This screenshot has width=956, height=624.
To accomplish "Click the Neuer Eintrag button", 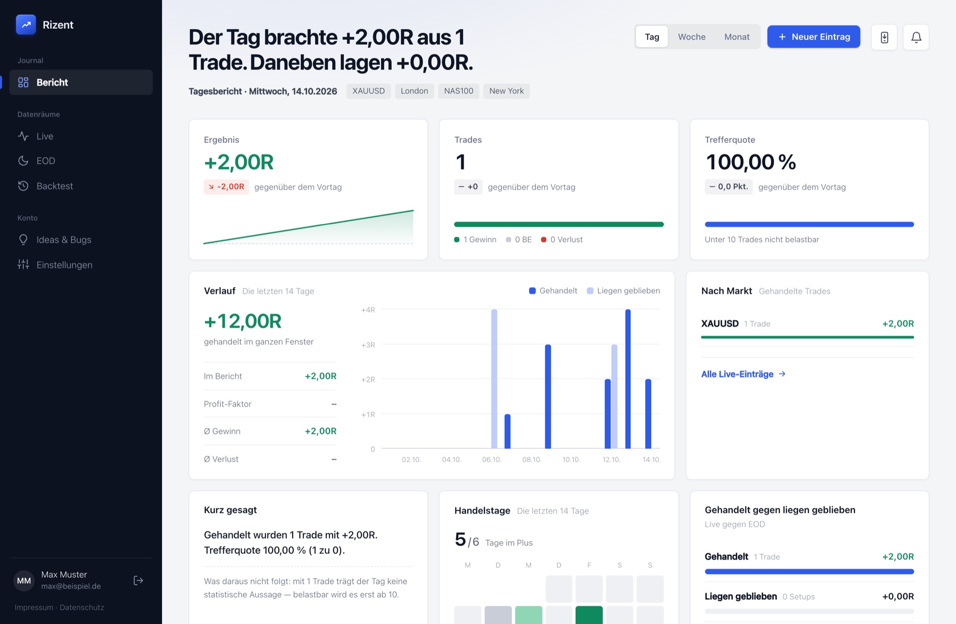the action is [x=814, y=37].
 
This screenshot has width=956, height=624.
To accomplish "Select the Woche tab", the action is [x=692, y=37].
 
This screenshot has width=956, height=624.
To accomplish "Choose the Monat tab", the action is [x=737, y=37].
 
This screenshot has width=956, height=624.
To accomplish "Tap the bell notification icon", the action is [x=916, y=37].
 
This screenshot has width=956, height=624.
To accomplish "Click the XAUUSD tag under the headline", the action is [x=369, y=91].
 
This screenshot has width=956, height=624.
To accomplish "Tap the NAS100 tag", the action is [x=458, y=91].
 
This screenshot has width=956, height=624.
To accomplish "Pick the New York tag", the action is [x=506, y=91].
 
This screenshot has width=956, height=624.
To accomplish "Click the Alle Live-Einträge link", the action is [x=743, y=374].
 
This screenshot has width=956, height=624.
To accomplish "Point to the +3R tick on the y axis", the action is [x=368, y=345].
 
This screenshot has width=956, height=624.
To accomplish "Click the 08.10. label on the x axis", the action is [x=532, y=460].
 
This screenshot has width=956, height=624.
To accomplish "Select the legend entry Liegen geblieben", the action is [x=623, y=291].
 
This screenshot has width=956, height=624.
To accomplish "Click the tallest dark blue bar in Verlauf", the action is [x=628, y=379].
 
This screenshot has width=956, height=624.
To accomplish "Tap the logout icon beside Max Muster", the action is [x=138, y=580].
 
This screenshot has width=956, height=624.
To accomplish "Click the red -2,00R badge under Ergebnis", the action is [x=226, y=186].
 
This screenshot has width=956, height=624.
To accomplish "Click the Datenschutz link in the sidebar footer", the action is [x=82, y=607].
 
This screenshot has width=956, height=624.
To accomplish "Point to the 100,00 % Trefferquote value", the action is [x=750, y=162].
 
